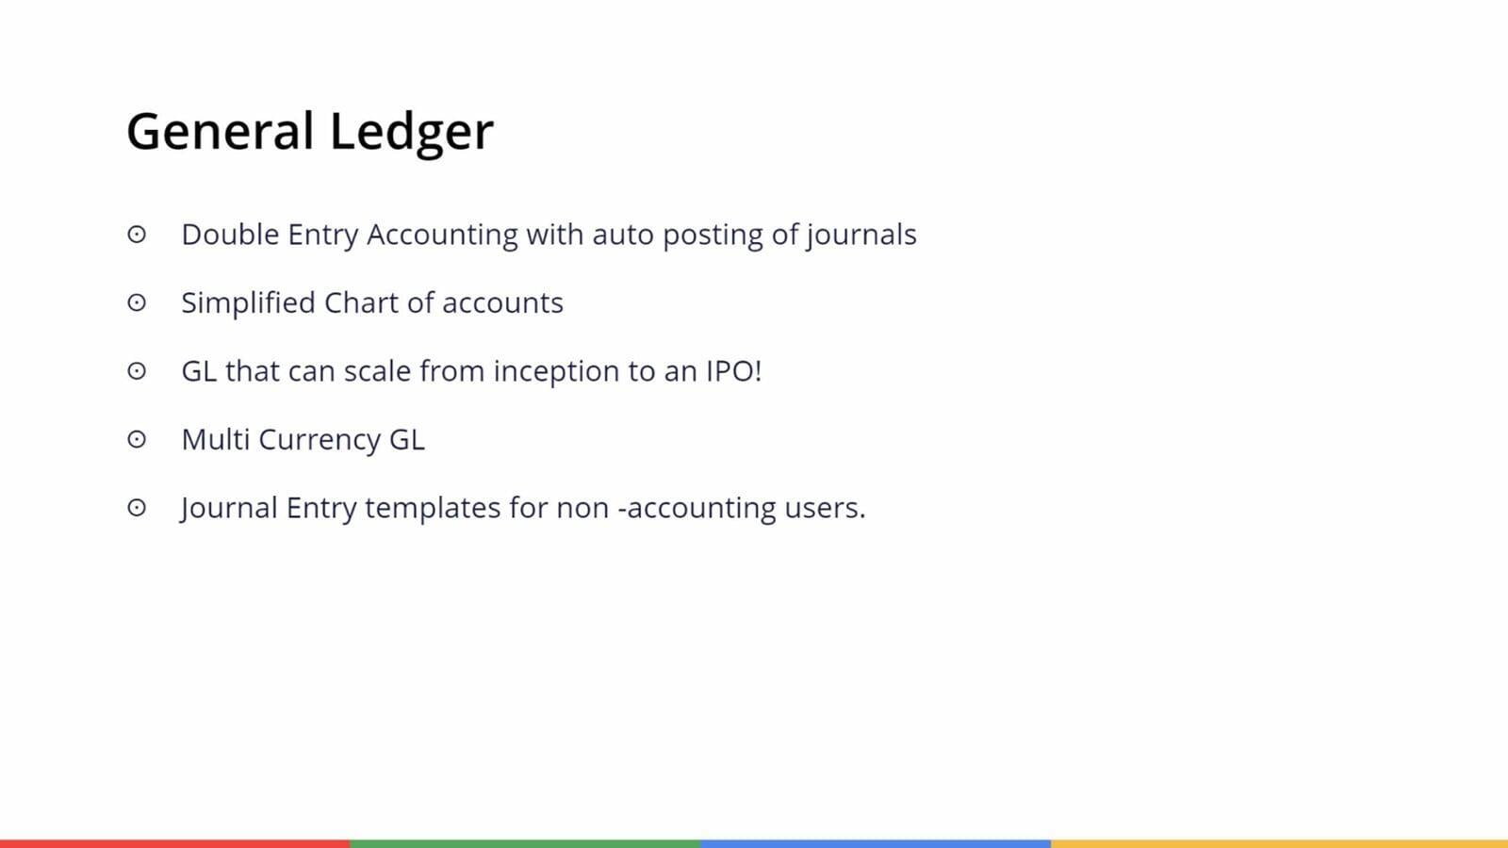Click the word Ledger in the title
pyautogui.click(x=412, y=133)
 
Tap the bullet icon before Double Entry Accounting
pyautogui.click(x=137, y=235)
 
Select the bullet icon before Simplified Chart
pyautogui.click(x=137, y=302)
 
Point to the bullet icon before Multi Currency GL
pyautogui.click(x=137, y=439)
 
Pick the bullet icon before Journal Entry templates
pyautogui.click(x=137, y=508)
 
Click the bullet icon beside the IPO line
pyautogui.click(x=137, y=371)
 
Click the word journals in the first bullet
pyautogui.click(x=861, y=236)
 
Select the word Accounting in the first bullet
pyautogui.click(x=442, y=236)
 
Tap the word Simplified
pyautogui.click(x=249, y=303)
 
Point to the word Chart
pyautogui.click(x=362, y=302)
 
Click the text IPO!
pyautogui.click(x=734, y=371)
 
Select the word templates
pyautogui.click(x=433, y=509)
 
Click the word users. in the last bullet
pyautogui.click(x=826, y=508)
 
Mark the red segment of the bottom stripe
pyautogui.click(x=175, y=844)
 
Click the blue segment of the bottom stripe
pyautogui.click(x=876, y=844)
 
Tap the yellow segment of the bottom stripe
pyautogui.click(x=1279, y=844)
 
